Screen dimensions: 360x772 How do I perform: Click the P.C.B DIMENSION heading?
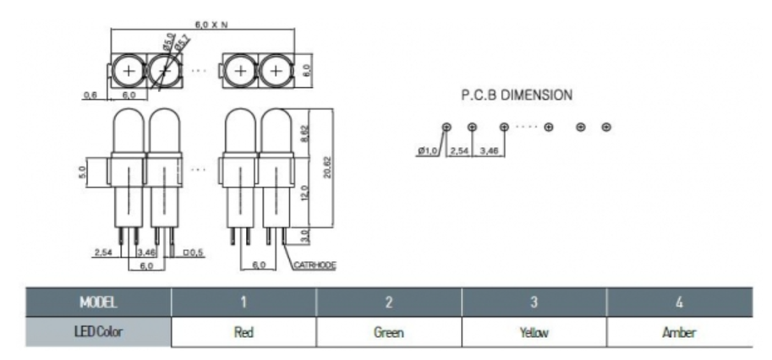(x=516, y=96)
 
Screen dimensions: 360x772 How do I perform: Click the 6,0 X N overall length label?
(x=211, y=25)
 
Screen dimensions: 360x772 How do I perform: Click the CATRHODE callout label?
(x=315, y=265)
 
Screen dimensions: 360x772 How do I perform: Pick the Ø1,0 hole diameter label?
(x=430, y=150)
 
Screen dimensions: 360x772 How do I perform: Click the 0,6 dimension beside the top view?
(x=90, y=95)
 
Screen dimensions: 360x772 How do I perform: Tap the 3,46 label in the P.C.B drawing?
(x=489, y=150)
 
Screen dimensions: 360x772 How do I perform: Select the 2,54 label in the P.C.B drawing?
(x=458, y=150)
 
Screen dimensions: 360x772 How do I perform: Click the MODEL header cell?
(x=97, y=302)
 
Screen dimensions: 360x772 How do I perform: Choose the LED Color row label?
(x=97, y=332)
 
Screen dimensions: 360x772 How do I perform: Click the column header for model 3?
(x=534, y=302)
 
